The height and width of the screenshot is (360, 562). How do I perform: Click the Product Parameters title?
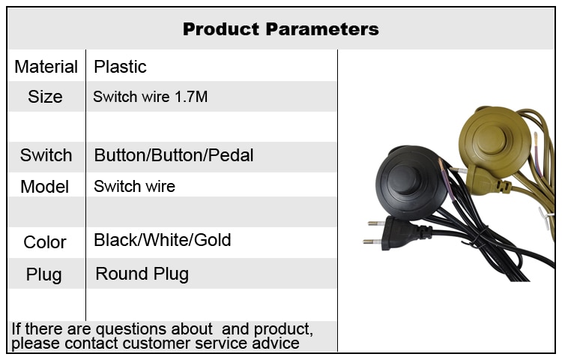pos(281,29)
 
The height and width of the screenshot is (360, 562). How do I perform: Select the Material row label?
pos(46,67)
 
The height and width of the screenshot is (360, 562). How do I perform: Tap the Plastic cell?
pos(120,67)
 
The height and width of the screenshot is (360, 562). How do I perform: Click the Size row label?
pos(45,97)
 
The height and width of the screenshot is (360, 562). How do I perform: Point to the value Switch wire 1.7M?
pos(150,97)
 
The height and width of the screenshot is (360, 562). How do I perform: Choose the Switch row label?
pos(46,155)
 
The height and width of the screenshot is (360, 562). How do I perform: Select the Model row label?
pos(45,187)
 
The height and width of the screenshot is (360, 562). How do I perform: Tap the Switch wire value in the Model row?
pos(134,187)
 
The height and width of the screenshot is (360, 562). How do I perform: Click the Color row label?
pos(45,242)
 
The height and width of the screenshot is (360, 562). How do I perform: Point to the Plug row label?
pos(44,275)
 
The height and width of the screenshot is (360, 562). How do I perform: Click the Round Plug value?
pos(142,274)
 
